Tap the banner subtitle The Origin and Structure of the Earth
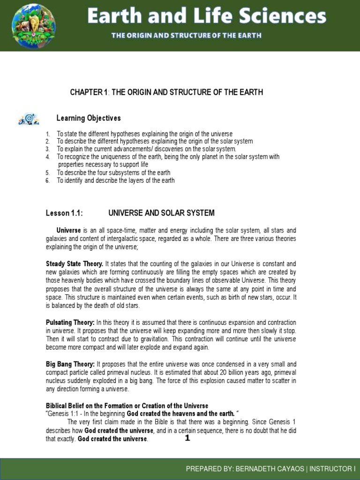coord(186,36)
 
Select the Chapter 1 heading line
coord(166,92)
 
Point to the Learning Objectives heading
coord(89,118)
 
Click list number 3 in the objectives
coord(48,149)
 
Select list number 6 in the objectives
coord(48,180)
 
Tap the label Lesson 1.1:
coord(64,213)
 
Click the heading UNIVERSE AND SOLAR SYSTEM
coord(161,213)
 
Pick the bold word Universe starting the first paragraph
coord(69,231)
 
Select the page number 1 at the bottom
coord(187,438)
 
